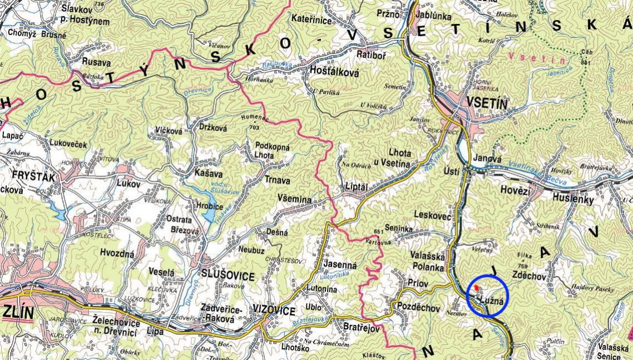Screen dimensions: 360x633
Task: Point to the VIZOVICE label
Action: click(x=274, y=311)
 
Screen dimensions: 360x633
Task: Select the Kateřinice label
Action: click(x=311, y=20)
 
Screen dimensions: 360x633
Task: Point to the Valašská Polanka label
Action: click(x=427, y=261)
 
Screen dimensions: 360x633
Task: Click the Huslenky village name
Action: click(x=573, y=198)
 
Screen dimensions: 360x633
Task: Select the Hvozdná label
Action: click(x=117, y=253)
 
